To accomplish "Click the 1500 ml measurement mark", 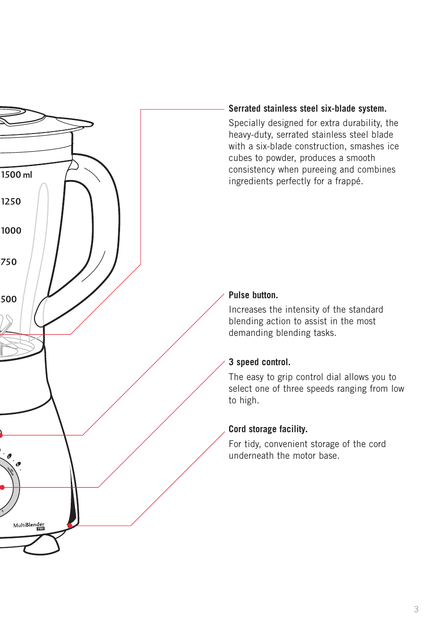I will pos(17,175).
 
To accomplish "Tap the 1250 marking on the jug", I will pos(11,201).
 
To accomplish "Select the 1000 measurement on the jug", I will pos(11,231).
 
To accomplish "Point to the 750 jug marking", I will pos(9,262).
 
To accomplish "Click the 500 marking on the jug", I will pos(9,299).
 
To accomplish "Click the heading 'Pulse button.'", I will pos(253,295).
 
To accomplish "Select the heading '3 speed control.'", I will pos(259,362).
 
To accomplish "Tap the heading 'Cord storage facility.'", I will pos(268,429).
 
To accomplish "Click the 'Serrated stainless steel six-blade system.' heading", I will pos(307,108).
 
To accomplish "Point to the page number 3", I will pos(416,609).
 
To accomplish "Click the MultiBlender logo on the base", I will pos(29,525).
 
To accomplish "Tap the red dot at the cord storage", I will pos(70,526).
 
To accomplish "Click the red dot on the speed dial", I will pos(2,487).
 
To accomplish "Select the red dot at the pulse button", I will pos(1,435).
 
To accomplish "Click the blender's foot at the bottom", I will pos(42,547).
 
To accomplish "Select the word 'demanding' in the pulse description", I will pos(251,333).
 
